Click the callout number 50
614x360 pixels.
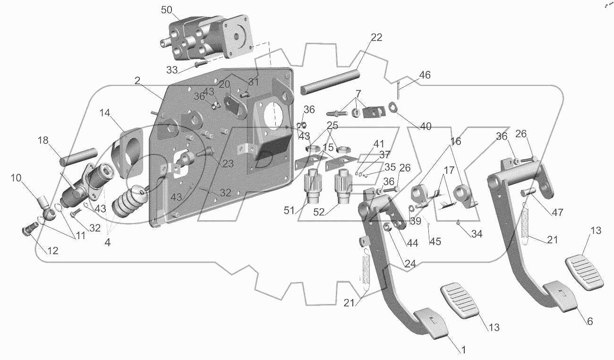[x=166, y=10]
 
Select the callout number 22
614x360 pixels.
[x=376, y=37]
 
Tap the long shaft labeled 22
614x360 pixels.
[x=330, y=83]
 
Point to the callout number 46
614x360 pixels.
[x=425, y=75]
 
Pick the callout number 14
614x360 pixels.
[x=105, y=113]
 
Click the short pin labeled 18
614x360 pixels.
[x=78, y=157]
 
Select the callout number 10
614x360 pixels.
[x=16, y=178]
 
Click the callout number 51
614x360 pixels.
[x=289, y=211]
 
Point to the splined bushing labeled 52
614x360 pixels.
[x=342, y=186]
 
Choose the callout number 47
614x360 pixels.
[x=557, y=212]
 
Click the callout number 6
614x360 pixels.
[x=590, y=321]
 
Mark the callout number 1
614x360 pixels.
[x=463, y=350]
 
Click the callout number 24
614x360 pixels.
[x=410, y=264]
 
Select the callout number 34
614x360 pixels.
[x=477, y=234]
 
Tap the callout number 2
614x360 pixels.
[x=137, y=81]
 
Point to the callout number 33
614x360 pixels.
[x=172, y=70]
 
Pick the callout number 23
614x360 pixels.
[x=228, y=163]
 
